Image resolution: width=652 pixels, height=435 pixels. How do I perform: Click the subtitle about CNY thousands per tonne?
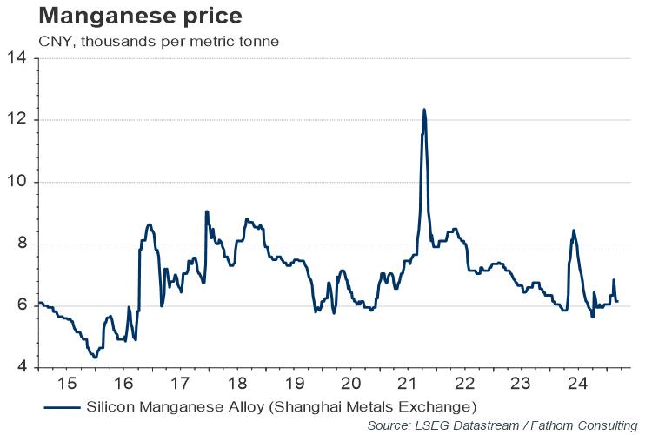(157, 41)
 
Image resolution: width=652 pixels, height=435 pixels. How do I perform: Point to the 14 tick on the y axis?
(19, 58)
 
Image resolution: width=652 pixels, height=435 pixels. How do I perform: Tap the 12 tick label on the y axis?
(19, 120)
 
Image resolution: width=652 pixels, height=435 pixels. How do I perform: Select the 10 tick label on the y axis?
(19, 182)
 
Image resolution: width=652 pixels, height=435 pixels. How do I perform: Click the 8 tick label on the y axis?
(23, 244)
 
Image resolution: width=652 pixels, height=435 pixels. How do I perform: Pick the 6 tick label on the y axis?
(23, 305)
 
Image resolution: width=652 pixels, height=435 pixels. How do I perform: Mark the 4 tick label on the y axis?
(23, 367)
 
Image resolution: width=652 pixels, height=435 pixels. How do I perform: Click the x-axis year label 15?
(67, 384)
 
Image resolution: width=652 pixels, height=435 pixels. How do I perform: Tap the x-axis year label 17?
(180, 384)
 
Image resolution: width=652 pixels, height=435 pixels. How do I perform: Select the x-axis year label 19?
(294, 384)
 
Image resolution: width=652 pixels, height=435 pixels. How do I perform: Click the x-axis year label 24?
(576, 384)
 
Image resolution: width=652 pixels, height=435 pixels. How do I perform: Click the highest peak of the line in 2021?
(423, 109)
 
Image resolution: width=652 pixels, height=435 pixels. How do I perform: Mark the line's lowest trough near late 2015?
(95, 357)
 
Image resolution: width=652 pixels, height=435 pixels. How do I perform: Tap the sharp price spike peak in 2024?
(574, 231)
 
